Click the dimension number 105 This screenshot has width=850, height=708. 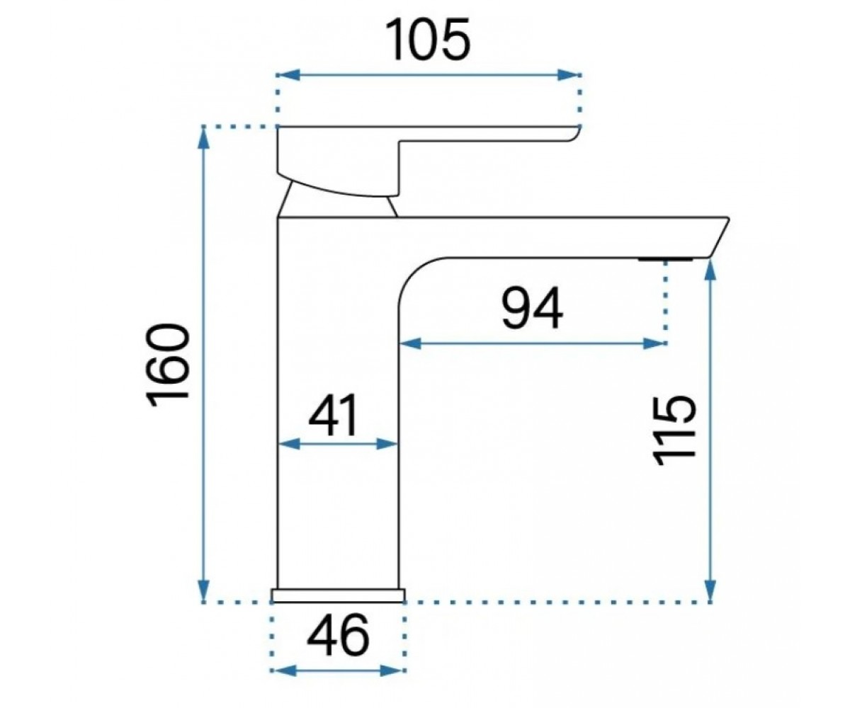[428, 40]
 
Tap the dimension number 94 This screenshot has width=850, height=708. [533, 307]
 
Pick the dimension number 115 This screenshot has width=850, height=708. [673, 430]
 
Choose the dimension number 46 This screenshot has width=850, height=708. [338, 634]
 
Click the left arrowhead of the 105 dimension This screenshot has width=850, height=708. [288, 75]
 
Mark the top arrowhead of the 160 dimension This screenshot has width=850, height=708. [203, 137]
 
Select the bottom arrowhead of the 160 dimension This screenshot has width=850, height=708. [203, 590]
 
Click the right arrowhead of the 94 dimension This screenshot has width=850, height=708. [654, 343]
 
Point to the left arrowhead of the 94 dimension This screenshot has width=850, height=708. [412, 343]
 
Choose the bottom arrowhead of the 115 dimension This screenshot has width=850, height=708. [710, 590]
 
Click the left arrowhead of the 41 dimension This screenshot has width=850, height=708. [290, 444]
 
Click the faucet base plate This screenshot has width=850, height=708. [338, 595]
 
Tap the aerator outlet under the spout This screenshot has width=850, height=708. [665, 259]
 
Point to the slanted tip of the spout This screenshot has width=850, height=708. [720, 238]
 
